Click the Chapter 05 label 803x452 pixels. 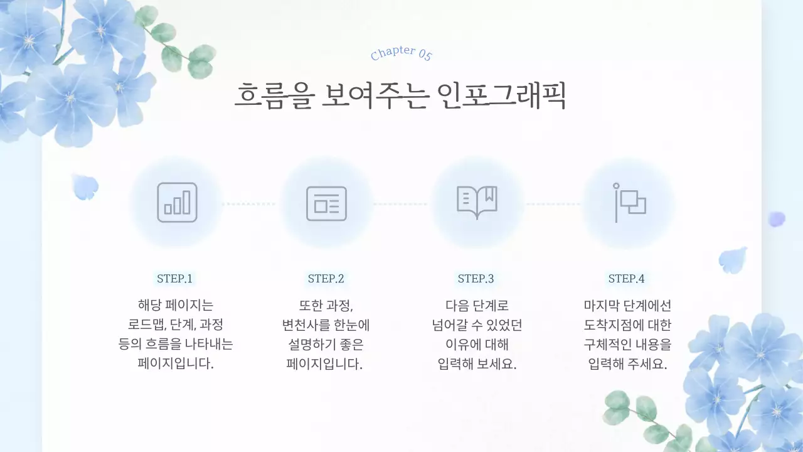[x=401, y=53]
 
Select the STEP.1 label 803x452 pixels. [x=175, y=279]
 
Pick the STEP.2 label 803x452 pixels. [x=326, y=279]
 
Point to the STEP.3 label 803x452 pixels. [x=476, y=279]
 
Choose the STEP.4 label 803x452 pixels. [x=627, y=279]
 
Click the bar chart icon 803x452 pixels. [x=177, y=203]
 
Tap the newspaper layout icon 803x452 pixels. [x=326, y=203]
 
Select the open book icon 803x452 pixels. [x=477, y=203]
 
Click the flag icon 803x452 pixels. [x=629, y=203]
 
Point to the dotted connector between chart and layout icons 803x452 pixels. [x=250, y=204]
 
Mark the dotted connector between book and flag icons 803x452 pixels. [x=553, y=204]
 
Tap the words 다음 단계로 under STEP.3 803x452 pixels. [x=477, y=306]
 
